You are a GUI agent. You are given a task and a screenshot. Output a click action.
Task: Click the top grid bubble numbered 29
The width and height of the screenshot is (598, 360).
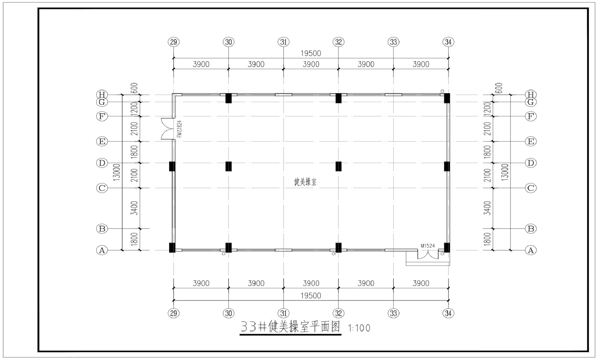173,42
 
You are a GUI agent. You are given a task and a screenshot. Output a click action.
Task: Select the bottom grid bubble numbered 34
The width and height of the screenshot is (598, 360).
448,313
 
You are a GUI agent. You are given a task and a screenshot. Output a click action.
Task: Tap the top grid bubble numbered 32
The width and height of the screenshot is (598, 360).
339,42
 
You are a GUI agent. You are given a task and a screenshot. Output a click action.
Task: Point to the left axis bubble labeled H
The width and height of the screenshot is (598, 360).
102,95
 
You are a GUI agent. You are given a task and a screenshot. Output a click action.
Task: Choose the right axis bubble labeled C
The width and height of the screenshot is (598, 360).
531,188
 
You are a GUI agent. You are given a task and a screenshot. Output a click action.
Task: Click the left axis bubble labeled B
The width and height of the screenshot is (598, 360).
102,229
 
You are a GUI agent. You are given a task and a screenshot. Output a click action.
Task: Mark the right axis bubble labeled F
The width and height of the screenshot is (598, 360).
531,116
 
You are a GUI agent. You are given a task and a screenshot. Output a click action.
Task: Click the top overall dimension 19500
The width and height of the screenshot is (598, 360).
311,53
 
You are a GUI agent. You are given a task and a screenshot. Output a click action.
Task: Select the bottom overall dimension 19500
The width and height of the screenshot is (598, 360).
311,296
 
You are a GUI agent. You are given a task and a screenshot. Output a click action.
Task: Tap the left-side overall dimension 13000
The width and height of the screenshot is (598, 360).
117,172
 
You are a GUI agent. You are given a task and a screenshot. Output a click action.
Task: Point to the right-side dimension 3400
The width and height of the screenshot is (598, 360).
488,208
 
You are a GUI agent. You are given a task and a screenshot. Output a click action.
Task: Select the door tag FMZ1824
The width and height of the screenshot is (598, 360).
179,129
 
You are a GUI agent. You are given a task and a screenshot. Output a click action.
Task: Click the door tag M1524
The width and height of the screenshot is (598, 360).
428,246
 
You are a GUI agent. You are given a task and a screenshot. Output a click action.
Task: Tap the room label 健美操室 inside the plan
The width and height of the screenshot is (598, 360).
305,182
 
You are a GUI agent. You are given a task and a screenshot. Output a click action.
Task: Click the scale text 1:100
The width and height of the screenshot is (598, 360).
360,328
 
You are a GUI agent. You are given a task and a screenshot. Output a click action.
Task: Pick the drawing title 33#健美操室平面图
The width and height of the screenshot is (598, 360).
291,327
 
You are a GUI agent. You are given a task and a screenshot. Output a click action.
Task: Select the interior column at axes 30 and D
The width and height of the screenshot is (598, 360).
229,166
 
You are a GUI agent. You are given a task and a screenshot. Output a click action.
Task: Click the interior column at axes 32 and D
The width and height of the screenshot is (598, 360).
339,166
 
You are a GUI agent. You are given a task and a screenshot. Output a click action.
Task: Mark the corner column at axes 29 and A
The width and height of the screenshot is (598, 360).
172,248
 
